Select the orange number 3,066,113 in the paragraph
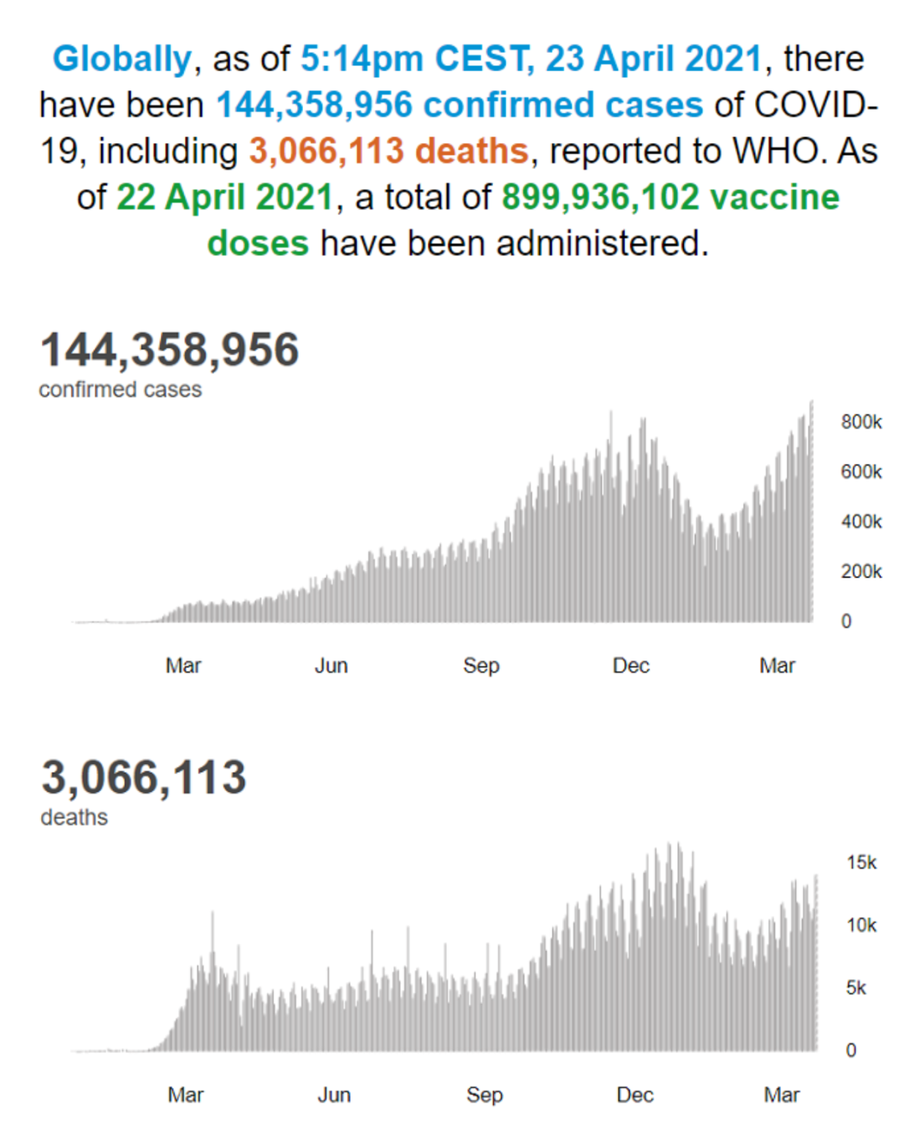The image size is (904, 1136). [x=326, y=151]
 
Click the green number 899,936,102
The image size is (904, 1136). [x=600, y=198]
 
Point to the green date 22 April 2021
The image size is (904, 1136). [x=225, y=198]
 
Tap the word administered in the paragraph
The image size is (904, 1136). [x=602, y=244]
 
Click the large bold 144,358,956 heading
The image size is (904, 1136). [x=170, y=349]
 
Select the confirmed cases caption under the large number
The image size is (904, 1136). [x=121, y=389]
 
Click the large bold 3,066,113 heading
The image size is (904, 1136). [x=144, y=778]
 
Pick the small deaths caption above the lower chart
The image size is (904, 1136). [x=74, y=818]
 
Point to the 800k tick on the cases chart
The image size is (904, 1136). [x=861, y=422]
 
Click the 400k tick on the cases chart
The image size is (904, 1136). [x=861, y=522]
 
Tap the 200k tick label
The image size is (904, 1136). [x=861, y=572]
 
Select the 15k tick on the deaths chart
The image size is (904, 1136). [x=862, y=863]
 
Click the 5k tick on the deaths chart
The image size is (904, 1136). [x=856, y=989]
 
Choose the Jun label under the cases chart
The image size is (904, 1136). [x=331, y=666]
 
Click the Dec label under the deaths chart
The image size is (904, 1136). [x=634, y=1095]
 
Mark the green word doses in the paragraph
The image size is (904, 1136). [x=259, y=244]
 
